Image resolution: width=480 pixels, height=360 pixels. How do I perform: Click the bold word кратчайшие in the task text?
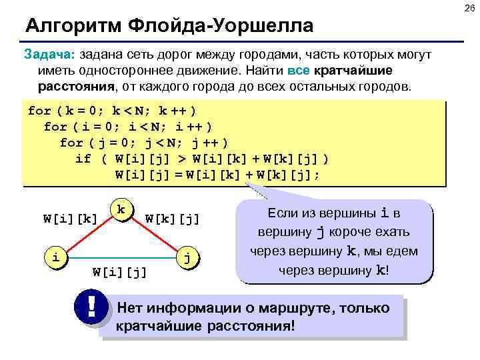[x=353, y=71]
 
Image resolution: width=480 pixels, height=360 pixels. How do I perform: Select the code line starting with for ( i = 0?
[x=128, y=127]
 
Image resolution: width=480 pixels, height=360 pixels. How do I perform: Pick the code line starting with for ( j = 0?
[x=144, y=143]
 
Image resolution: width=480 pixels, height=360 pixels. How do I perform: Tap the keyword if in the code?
[x=83, y=159]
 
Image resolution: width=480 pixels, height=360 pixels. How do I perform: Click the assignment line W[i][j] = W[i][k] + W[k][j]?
[x=217, y=175]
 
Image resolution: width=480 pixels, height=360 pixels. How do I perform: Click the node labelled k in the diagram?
[x=120, y=209]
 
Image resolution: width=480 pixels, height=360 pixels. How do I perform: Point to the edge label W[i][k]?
[x=70, y=217]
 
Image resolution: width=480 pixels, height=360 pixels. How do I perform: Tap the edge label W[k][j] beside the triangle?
[x=172, y=217]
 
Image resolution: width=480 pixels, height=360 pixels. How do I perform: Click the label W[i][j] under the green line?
[x=120, y=272]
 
